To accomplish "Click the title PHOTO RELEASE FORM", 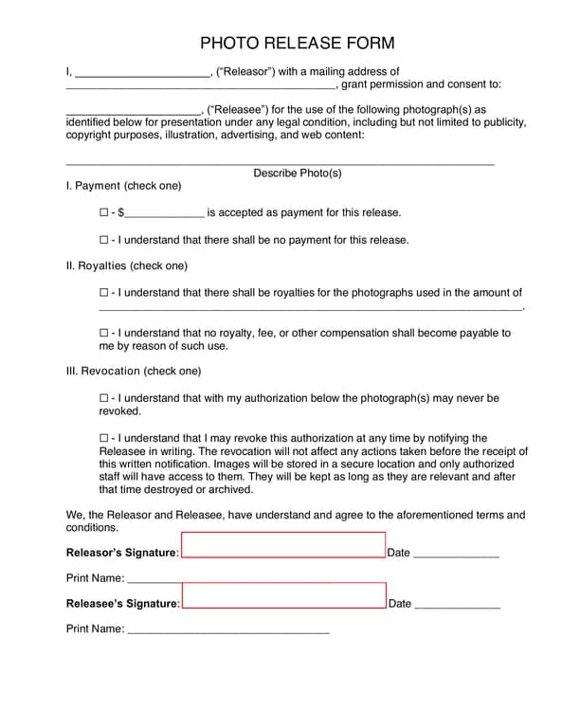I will click(297, 44).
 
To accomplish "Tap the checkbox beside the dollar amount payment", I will click(104, 212).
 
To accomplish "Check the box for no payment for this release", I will click(104, 240).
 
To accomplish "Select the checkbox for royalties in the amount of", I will click(104, 293).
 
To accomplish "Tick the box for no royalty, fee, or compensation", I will click(104, 333).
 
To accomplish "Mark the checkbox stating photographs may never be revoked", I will click(104, 399).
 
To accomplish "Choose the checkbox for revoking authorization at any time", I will click(104, 439).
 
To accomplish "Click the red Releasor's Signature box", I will click(283, 545).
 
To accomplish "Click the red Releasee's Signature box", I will click(283, 595).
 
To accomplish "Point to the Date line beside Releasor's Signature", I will click(456, 555).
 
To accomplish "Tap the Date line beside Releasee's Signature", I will click(457, 605).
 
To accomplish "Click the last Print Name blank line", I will click(227, 629).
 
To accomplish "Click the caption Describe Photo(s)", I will click(297, 173).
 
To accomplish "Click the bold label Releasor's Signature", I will click(121, 553).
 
